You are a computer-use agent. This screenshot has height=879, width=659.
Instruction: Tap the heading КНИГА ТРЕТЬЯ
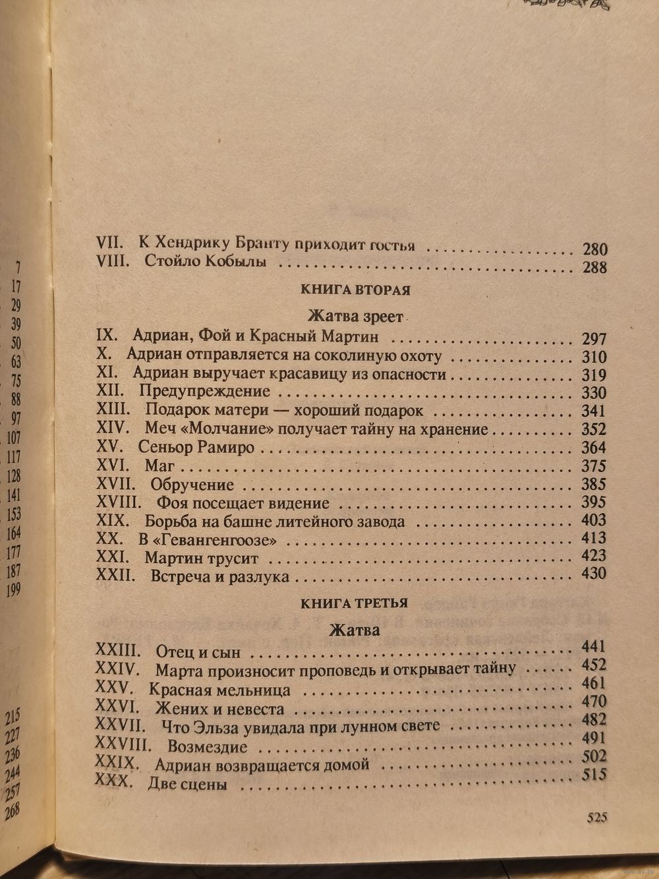click(354, 603)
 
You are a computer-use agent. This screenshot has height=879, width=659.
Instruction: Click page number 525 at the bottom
click(596, 817)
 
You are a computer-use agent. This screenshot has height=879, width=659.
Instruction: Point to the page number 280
click(594, 249)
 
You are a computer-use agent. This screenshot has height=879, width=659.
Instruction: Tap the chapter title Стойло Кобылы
click(205, 261)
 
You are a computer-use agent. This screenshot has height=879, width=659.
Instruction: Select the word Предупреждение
click(205, 392)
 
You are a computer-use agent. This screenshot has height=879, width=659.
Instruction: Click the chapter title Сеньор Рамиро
click(196, 447)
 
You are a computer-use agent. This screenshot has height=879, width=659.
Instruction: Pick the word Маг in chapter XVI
click(159, 466)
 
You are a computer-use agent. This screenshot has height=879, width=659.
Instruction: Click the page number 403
click(594, 520)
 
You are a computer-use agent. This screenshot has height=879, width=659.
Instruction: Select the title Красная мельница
click(219, 690)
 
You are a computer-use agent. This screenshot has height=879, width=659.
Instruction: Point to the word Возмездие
click(207, 747)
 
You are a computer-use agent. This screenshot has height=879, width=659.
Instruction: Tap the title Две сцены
click(187, 785)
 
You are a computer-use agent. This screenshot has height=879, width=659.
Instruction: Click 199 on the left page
click(13, 591)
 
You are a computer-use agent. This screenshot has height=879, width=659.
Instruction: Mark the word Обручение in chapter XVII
click(192, 485)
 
